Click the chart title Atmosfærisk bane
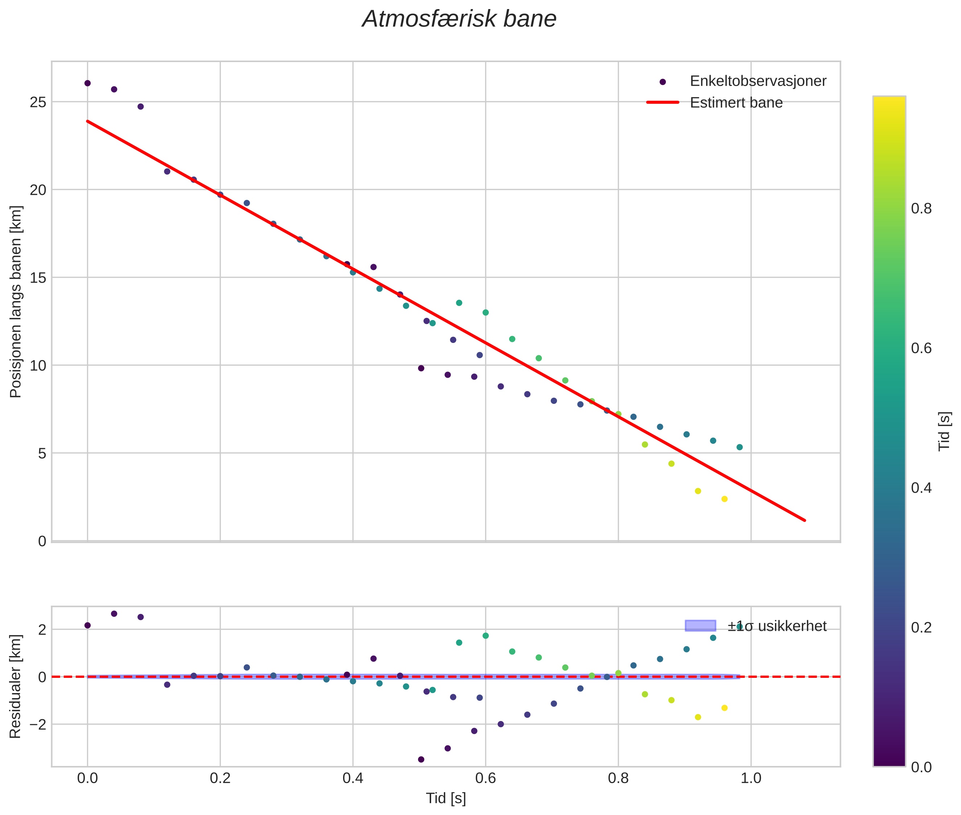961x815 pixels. click(x=459, y=19)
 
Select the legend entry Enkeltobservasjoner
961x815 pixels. click(x=757, y=81)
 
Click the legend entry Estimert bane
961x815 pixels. click(x=736, y=103)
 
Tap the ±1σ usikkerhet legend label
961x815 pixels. click(x=777, y=626)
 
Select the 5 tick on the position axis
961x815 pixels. click(x=42, y=453)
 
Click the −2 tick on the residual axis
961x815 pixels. click(x=36, y=724)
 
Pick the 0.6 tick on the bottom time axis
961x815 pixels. click(x=485, y=778)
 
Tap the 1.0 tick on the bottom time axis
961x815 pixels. click(x=751, y=778)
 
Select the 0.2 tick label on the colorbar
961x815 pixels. click(x=921, y=627)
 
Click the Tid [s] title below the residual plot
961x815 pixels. click(x=446, y=798)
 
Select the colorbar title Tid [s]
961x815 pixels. click(x=945, y=431)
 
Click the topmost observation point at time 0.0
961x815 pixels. click(x=87, y=83)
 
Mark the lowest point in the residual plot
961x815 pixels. click(x=421, y=759)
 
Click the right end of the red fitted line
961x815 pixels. click(x=804, y=520)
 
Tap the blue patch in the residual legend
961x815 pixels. click(x=700, y=626)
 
